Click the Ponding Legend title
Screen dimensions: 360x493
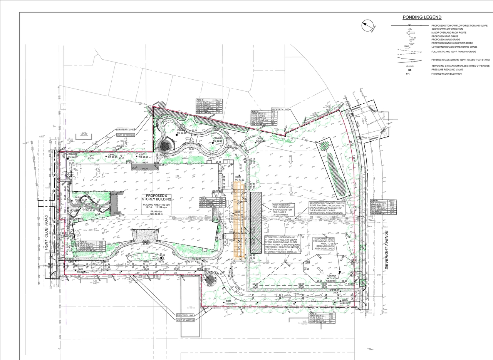(x=422, y=17)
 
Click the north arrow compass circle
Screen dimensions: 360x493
(x=368, y=26)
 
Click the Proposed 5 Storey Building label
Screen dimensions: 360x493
(x=156, y=198)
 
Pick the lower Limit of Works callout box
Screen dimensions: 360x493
(x=185, y=320)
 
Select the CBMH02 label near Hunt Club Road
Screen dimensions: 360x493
(x=73, y=154)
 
